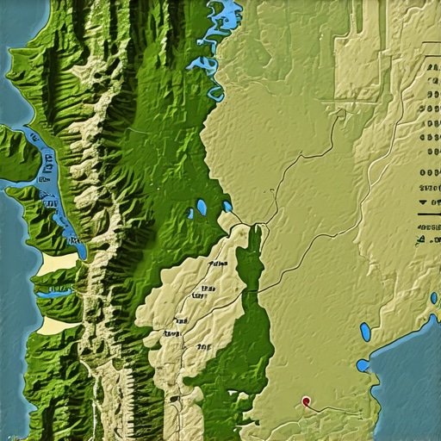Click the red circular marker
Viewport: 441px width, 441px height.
(x=307, y=401)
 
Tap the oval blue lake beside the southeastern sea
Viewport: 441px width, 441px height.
(x=365, y=332)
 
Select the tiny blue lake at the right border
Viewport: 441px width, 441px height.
(x=433, y=298)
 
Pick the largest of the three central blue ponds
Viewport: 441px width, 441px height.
(x=201, y=208)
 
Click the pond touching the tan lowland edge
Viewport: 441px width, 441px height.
(x=227, y=207)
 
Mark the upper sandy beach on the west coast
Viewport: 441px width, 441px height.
(x=53, y=263)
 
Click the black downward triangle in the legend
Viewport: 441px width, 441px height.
(x=423, y=202)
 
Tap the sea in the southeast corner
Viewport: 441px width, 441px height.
(x=409, y=379)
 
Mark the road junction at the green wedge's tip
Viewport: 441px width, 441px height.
(x=254, y=226)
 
